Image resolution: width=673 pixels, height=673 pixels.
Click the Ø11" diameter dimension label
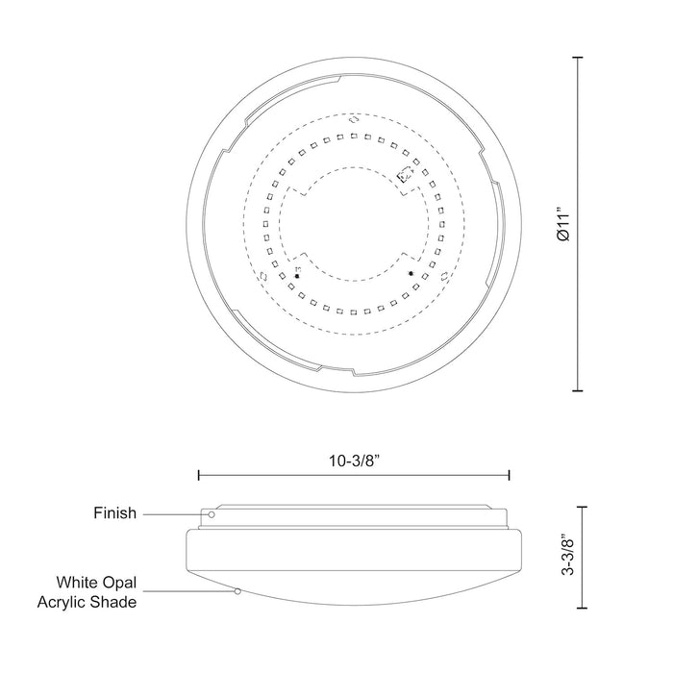point(564,225)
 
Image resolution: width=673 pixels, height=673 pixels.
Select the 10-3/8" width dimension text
point(353,460)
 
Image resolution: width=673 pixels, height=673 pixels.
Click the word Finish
point(114,513)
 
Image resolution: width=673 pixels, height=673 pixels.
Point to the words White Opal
point(96,582)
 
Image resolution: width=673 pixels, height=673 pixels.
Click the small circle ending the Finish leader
point(210,514)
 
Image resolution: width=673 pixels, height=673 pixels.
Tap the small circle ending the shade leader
point(237,592)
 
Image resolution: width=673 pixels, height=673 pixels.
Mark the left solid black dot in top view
point(297,276)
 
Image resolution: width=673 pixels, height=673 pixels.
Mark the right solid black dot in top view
point(411,274)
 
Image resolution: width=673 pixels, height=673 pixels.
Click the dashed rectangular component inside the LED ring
point(405,175)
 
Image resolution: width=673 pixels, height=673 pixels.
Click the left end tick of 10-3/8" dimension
point(198,475)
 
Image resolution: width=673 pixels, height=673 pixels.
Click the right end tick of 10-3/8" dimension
point(509,475)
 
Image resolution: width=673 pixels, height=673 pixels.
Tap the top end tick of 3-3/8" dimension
point(579,505)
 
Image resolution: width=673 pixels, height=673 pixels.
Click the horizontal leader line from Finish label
point(173,514)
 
